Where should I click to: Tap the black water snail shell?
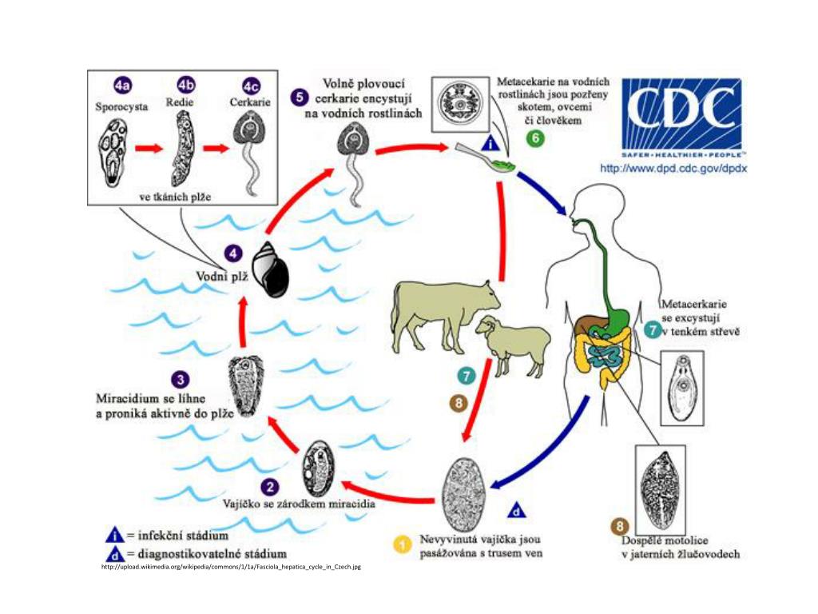pos(271,269)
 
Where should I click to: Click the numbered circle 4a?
pos(123,86)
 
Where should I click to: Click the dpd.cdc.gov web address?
pos(673,169)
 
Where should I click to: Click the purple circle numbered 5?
pos(299,98)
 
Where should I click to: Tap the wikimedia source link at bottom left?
pos(231,567)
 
